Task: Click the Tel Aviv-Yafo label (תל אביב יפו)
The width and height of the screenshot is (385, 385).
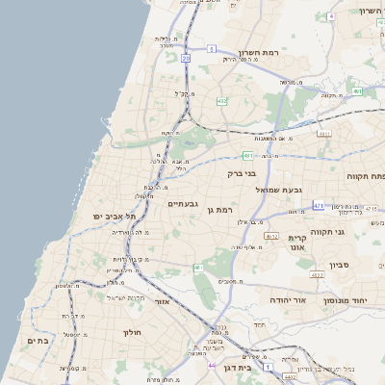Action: coord(111,217)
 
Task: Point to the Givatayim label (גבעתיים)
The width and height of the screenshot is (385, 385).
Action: coord(183,204)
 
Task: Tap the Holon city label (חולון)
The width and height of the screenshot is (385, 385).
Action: coord(132,333)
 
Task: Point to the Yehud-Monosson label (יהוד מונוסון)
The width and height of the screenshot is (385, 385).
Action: coord(348,301)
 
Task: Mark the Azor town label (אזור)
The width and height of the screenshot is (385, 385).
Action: coord(161,301)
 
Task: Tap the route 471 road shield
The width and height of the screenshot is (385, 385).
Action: coord(319,205)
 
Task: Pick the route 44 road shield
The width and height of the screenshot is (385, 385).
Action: coord(212,366)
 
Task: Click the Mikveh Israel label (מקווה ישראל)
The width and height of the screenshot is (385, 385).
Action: coord(125,297)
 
